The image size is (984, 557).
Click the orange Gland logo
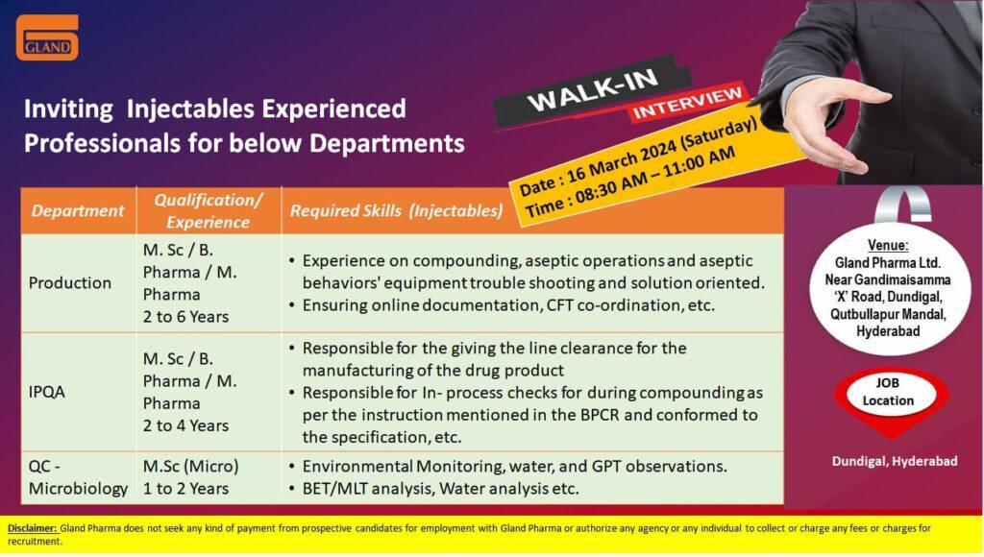click(47, 37)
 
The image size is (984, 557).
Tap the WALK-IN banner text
click(593, 89)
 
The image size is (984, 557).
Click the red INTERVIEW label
click(688, 103)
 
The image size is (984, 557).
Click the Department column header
click(78, 210)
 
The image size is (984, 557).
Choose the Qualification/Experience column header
click(208, 210)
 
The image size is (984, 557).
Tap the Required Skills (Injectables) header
click(396, 210)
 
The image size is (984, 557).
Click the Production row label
click(69, 283)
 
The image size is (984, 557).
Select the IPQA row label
click(46, 392)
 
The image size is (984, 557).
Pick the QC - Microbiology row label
click(78, 477)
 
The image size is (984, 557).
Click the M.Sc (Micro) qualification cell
click(191, 467)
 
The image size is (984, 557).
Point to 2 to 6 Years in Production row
click(185, 317)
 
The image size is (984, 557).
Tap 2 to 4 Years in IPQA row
click(185, 425)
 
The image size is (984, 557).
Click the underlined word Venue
click(887, 245)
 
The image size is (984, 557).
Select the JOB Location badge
click(891, 394)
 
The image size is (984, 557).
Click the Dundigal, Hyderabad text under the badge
click(895, 462)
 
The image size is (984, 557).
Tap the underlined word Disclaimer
click(32, 529)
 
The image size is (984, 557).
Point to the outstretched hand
click(824, 126)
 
